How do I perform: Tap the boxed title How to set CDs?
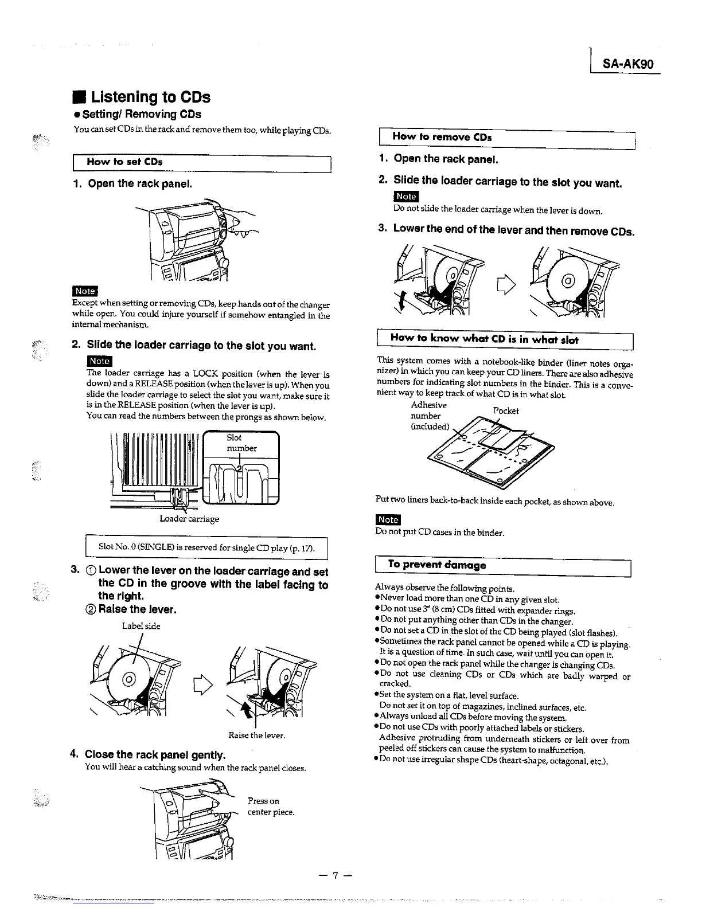pyautogui.click(x=124, y=162)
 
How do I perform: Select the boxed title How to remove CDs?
pyautogui.click(x=442, y=137)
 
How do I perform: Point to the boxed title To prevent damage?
pyautogui.click(x=436, y=564)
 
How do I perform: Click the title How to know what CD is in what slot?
pyautogui.click(x=484, y=339)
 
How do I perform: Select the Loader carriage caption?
pyautogui.click(x=189, y=519)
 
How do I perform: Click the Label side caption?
pyautogui.click(x=141, y=626)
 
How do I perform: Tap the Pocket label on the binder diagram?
pyautogui.click(x=505, y=410)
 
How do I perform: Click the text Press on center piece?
pyautogui.click(x=270, y=807)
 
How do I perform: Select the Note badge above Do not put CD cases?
pyautogui.click(x=388, y=519)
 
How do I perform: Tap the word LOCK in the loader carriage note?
pyautogui.click(x=210, y=374)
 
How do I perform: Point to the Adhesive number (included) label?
pyautogui.click(x=429, y=416)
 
